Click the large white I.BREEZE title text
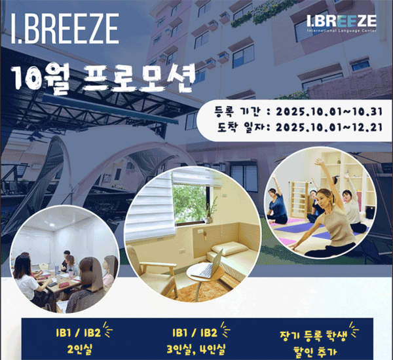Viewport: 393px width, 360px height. [x=65, y=29]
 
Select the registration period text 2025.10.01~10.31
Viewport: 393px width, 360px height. [x=329, y=111]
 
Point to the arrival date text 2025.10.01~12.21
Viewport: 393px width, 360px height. [x=329, y=128]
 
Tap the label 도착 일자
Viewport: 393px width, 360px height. [x=240, y=128]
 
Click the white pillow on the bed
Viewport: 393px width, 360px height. [x=230, y=249]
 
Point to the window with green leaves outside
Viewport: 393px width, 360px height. [x=191, y=204]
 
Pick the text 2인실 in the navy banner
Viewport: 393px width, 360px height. [x=79, y=350]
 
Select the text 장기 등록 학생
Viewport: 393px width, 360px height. [x=313, y=336]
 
